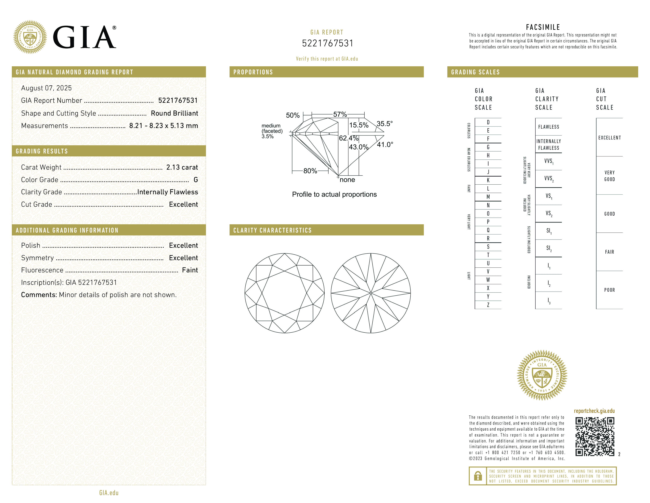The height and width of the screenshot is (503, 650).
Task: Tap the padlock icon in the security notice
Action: click(x=478, y=476)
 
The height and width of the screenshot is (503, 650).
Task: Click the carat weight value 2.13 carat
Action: click(x=182, y=167)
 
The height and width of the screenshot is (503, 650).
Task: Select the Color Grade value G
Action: click(x=196, y=180)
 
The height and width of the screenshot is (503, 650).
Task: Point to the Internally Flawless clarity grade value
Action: click(x=168, y=192)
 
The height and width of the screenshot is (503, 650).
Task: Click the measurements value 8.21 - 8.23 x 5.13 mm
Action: click(x=163, y=126)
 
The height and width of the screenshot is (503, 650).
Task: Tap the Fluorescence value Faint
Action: click(x=190, y=270)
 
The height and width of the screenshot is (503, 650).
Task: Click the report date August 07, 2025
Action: click(x=46, y=88)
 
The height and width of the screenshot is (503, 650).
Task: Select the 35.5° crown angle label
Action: click(x=384, y=124)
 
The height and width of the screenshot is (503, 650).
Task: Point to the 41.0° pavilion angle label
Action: click(x=385, y=145)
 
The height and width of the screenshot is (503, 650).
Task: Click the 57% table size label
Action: click(x=340, y=114)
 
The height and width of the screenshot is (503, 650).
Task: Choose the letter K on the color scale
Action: click(x=488, y=180)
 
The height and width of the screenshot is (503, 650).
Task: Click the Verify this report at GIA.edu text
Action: click(x=327, y=59)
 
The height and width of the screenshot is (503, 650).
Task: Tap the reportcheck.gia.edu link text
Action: click(x=594, y=411)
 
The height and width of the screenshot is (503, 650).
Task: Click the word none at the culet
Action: click(x=347, y=180)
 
